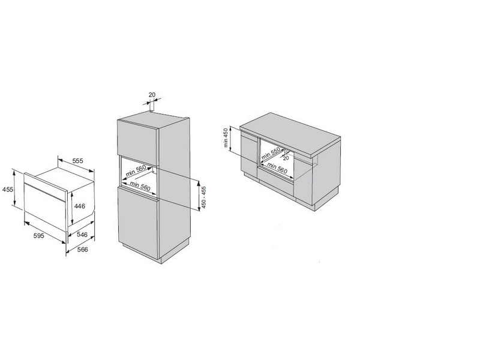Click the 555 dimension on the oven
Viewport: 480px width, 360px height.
pos(78,160)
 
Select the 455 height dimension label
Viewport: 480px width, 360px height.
pos(8,190)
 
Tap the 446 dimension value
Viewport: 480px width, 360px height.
pos(80,206)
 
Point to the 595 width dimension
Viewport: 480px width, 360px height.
pos(39,235)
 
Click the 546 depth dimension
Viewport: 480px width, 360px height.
pos(82,235)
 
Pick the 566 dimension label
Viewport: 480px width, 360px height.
pos(82,250)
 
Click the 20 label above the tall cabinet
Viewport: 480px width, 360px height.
pos(152,95)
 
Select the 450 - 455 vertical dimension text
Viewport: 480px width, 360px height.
pos(204,197)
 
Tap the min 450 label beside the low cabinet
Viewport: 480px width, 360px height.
pos(226,137)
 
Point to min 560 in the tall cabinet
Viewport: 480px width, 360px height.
pos(140,186)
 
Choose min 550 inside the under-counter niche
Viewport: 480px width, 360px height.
pos(271,154)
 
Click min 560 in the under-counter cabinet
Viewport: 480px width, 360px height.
pos(278,168)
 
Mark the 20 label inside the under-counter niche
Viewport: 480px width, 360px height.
pos(286,158)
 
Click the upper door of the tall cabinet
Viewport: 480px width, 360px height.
pos(137,143)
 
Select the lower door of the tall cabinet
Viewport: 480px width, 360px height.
pos(138,221)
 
